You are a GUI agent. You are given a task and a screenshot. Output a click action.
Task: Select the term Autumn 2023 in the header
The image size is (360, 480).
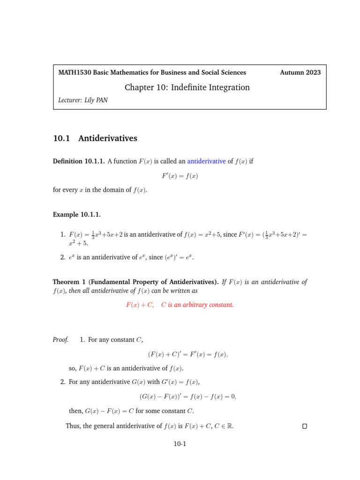[x=300, y=72]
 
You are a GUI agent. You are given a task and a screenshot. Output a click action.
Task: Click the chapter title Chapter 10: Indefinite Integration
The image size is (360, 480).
[x=187, y=88]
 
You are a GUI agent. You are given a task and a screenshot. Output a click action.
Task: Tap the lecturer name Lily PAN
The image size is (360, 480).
[x=96, y=100]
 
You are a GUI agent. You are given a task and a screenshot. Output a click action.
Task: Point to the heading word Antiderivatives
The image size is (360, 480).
[x=108, y=138]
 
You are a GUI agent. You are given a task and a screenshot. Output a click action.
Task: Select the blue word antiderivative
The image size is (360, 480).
[x=206, y=161]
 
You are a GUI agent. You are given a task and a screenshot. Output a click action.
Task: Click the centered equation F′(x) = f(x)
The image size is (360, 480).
[x=180, y=176]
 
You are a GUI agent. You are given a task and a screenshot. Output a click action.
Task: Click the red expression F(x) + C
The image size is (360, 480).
[x=140, y=305]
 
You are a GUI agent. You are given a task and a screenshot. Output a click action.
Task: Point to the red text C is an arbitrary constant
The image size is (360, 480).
[x=197, y=305]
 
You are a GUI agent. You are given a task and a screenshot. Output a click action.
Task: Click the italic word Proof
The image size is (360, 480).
[x=60, y=339]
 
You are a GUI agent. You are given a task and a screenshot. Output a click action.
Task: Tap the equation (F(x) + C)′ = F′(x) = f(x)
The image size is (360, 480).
[x=187, y=354]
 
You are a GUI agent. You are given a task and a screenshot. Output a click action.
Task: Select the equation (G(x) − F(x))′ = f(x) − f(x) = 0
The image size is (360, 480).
[x=187, y=397]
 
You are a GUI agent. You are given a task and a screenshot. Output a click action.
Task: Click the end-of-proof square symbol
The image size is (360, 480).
[x=305, y=426]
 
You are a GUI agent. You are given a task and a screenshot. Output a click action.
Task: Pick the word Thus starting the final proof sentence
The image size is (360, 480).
[x=73, y=426]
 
